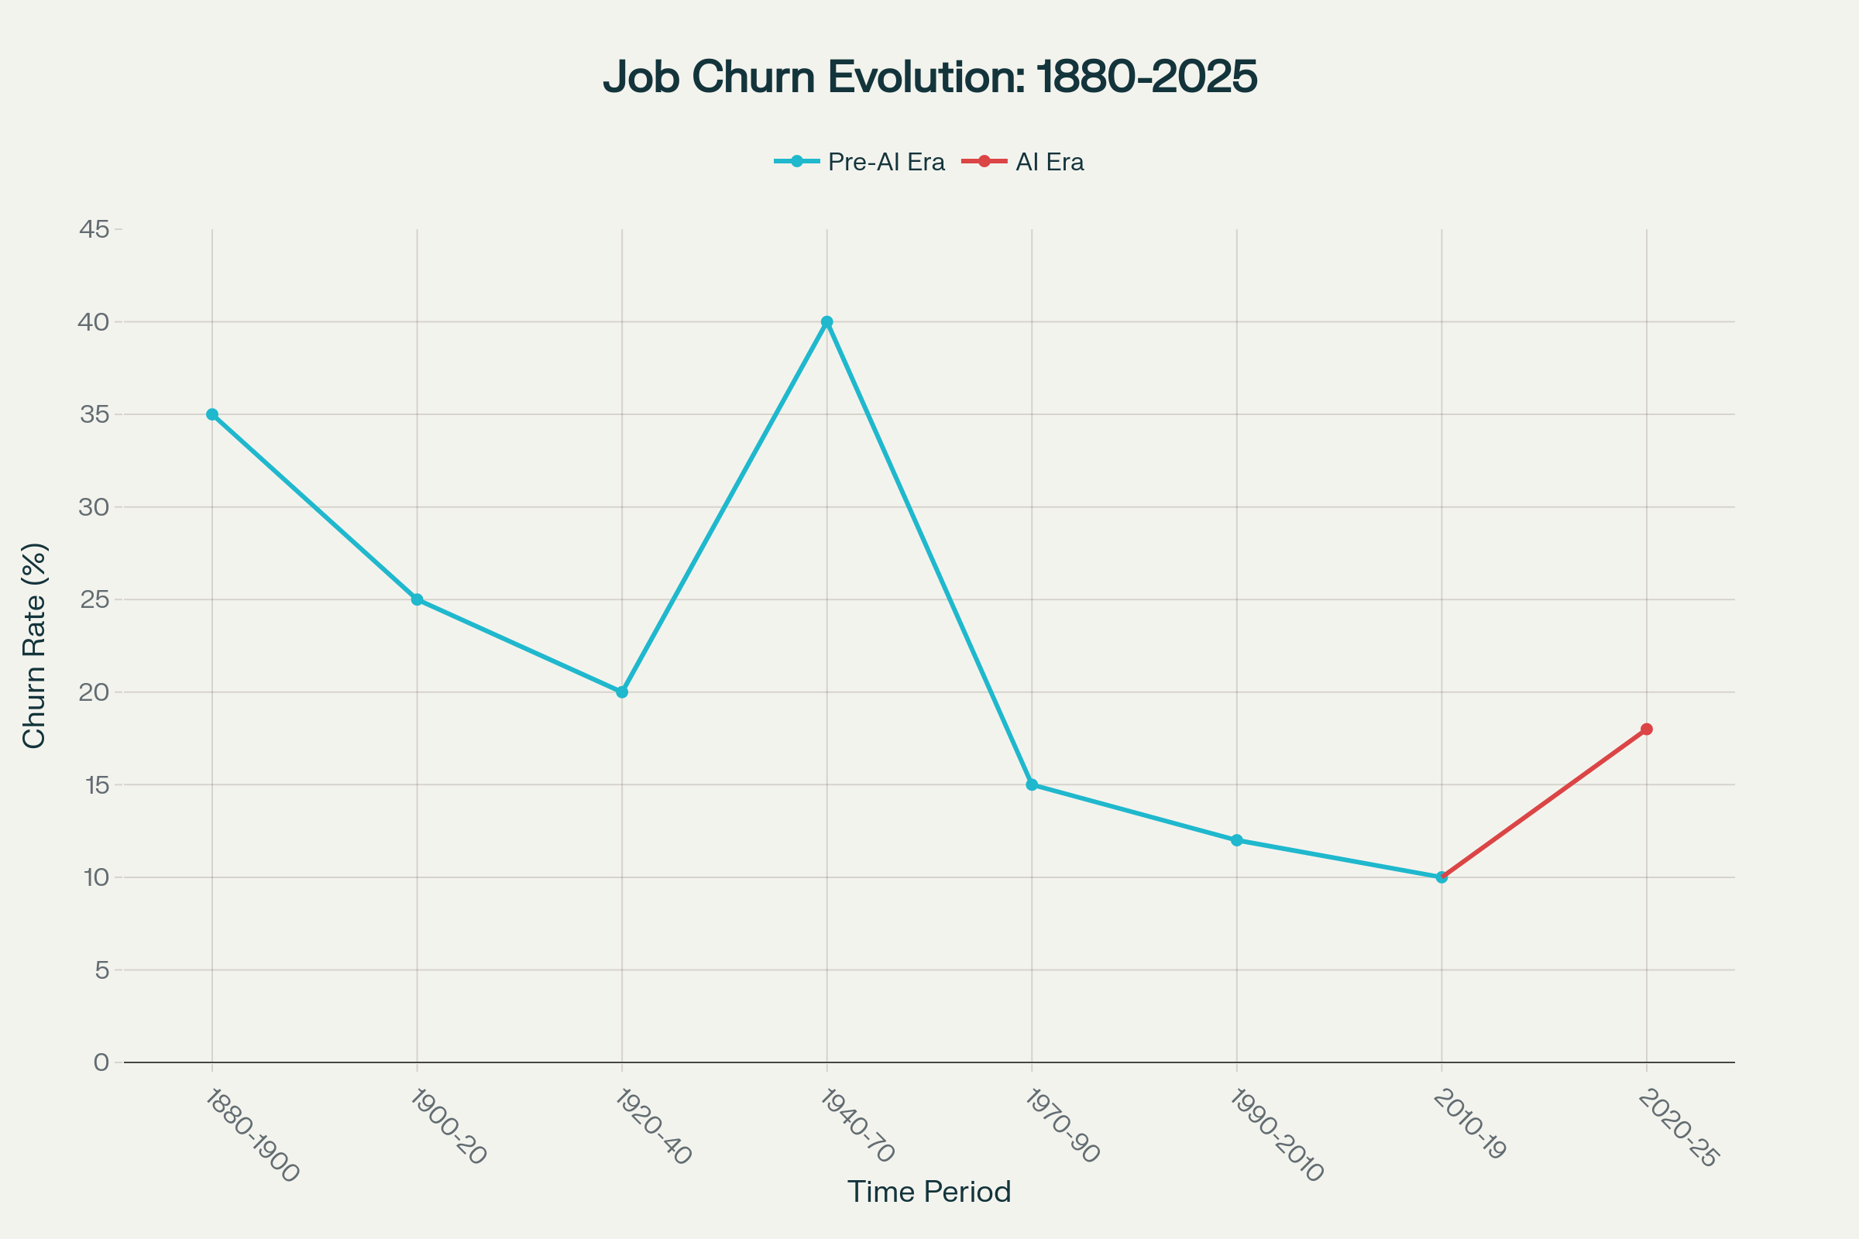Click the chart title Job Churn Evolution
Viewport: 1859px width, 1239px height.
click(x=929, y=77)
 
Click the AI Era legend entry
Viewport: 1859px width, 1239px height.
click(x=1023, y=162)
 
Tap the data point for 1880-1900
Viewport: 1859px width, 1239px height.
click(x=211, y=415)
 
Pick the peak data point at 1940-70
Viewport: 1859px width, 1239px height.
click(x=826, y=322)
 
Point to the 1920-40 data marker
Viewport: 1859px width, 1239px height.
click(x=622, y=692)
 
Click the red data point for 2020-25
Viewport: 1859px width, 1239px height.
click(x=1647, y=729)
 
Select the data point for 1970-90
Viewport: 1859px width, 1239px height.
click(x=1032, y=784)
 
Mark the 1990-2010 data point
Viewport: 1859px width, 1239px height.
click(x=1237, y=840)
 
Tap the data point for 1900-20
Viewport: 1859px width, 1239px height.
click(x=418, y=599)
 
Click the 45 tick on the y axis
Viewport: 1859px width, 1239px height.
click(x=94, y=230)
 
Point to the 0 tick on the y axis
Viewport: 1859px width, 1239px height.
click(x=101, y=1062)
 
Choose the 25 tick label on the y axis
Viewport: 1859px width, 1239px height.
click(x=94, y=599)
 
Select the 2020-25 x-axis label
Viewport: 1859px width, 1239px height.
click(x=1678, y=1128)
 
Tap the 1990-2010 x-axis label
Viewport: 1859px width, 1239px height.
click(x=1276, y=1135)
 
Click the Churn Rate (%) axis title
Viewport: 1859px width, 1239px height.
click(x=34, y=646)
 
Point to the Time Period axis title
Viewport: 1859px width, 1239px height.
click(x=929, y=1193)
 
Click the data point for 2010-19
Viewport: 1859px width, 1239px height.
click(x=1441, y=877)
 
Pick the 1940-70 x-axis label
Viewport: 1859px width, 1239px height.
click(x=857, y=1126)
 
